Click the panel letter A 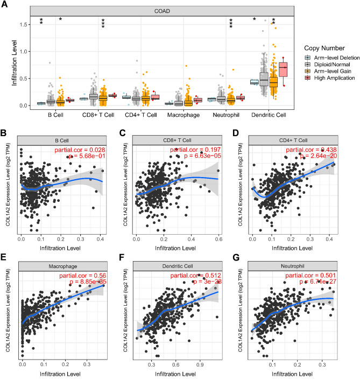click(x=5, y=4)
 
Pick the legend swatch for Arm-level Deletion click(x=308, y=58)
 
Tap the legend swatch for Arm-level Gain click(x=308, y=71)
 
